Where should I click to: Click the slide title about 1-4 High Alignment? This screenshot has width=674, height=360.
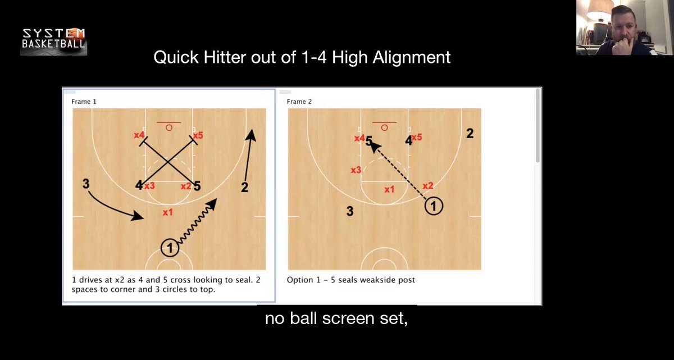pos(302,57)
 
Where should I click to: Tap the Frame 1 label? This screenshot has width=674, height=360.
pos(84,102)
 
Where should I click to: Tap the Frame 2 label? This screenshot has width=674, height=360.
pos(299,102)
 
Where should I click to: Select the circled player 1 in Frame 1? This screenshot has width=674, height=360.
pos(170,247)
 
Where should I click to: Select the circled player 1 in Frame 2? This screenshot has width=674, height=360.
pos(433,206)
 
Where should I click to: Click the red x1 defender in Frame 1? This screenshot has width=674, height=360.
pos(167,212)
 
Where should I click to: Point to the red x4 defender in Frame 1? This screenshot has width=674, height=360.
pos(139,135)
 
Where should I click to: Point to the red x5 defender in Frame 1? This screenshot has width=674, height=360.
pos(197,135)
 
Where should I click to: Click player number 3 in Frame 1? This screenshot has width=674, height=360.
pos(86,184)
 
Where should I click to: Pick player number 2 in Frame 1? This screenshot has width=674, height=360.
pos(244,188)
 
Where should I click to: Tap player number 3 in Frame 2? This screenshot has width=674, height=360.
pos(350,211)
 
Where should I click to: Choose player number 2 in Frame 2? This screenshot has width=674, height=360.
pos(470,134)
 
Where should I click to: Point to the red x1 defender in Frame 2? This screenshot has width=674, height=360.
pos(389,190)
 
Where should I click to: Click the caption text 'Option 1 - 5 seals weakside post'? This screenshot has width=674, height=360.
pos(351,280)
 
